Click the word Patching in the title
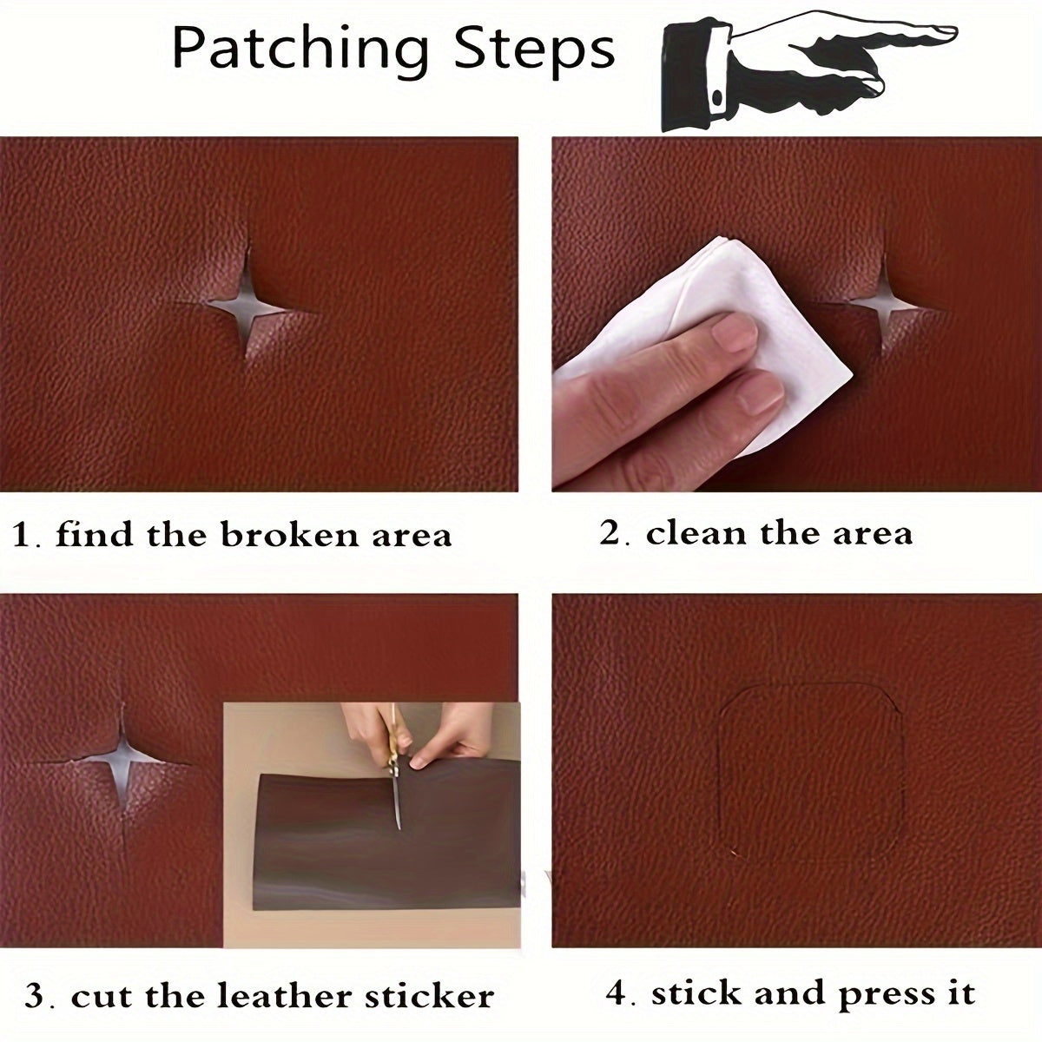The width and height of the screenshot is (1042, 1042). tap(300, 49)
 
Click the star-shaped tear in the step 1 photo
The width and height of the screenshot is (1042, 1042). tap(244, 305)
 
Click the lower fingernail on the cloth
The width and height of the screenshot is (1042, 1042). tap(760, 395)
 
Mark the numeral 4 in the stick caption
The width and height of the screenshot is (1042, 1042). tap(617, 993)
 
